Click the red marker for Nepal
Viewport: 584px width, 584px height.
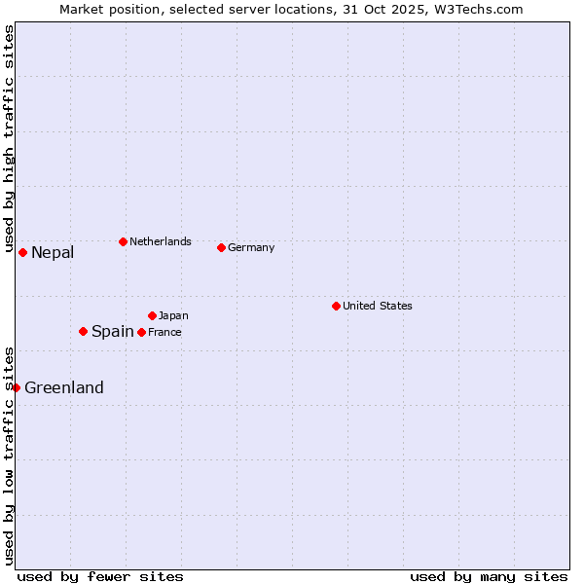22,252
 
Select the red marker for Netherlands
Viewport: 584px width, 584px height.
123,241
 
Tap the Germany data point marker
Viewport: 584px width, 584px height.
221,247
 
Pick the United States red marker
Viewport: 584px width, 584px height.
336,306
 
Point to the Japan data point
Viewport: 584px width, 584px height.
152,315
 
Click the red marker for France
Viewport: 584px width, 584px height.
141,332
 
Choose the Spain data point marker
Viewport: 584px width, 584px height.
83,331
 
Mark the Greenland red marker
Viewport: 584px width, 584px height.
16,387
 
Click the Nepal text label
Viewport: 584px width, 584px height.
53,253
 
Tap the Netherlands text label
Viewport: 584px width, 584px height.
161,241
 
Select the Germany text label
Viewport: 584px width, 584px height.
251,247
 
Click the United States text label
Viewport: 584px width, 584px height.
378,306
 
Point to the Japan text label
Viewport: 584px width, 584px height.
173,315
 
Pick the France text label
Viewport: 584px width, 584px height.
164,332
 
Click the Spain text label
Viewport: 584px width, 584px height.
113,331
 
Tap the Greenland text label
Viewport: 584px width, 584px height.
64,387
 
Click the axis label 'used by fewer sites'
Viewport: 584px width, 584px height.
100,576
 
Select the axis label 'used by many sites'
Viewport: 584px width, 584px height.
489,576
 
